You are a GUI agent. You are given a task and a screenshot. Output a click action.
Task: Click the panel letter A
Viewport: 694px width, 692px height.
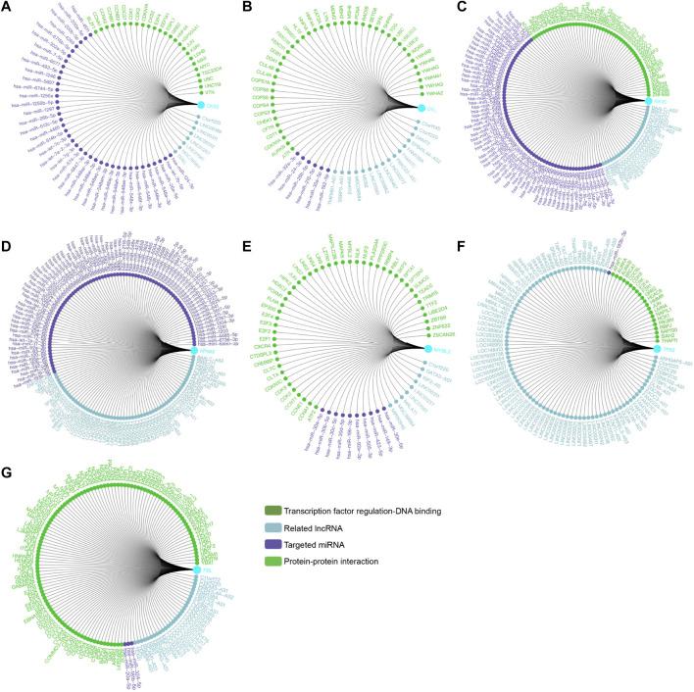(x=8, y=8)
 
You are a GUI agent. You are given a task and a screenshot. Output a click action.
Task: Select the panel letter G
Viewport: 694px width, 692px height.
(x=8, y=468)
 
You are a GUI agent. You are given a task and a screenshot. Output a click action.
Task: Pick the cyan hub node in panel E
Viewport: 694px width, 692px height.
(x=428, y=349)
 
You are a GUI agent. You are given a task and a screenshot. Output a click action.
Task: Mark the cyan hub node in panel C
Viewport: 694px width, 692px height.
(x=649, y=101)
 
